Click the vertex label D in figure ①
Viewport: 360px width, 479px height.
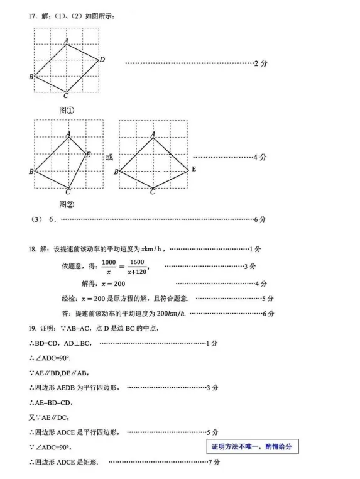(102, 59)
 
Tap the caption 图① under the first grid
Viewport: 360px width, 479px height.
(67, 110)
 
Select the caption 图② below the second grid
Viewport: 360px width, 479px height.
(67, 204)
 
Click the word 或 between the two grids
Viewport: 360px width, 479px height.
(109, 157)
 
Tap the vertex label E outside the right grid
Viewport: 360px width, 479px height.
(194, 170)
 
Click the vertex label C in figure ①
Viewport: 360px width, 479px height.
(66, 96)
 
